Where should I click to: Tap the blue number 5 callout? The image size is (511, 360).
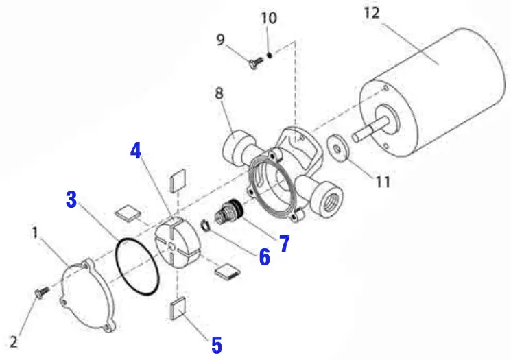(216, 344)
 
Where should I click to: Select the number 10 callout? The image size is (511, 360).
(270, 17)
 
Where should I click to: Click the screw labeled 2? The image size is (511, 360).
(40, 293)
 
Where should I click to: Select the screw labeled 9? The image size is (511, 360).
(255, 61)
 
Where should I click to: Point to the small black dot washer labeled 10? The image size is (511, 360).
(272, 54)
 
